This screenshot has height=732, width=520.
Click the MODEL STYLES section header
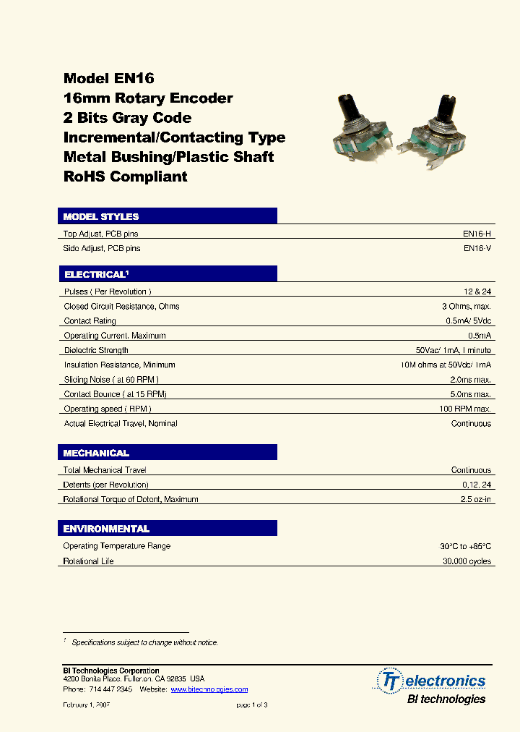point(101,216)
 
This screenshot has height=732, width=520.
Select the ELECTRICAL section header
point(96,275)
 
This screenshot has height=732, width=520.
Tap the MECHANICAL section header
point(96,453)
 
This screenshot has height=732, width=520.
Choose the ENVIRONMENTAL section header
point(106,529)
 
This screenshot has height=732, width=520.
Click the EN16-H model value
point(477,234)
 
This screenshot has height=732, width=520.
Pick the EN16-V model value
point(477,248)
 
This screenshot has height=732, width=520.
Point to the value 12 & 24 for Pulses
point(477,291)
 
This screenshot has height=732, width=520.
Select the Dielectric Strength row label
point(96,350)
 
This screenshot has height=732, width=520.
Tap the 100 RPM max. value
point(465,409)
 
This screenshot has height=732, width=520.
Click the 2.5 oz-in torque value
point(475,499)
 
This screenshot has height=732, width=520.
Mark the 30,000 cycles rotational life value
point(467,561)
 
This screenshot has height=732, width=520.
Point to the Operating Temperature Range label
point(117,546)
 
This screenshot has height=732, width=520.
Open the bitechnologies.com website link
point(209,689)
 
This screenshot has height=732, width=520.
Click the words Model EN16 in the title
point(109,79)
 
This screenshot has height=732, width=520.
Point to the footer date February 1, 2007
point(87,705)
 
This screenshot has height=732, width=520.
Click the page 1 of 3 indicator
point(252,705)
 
